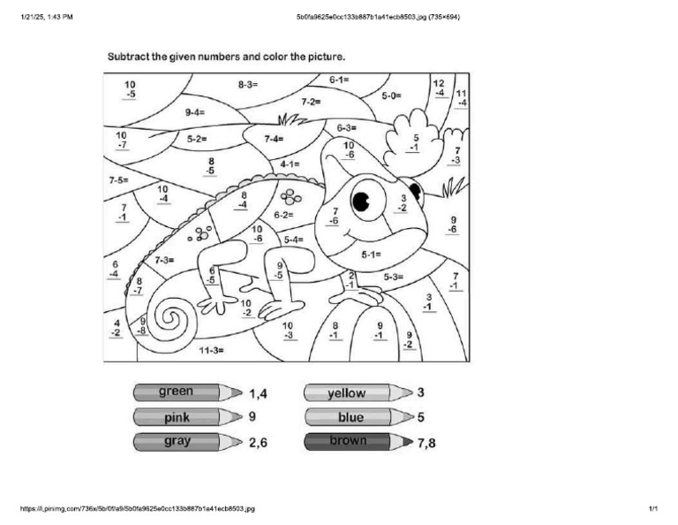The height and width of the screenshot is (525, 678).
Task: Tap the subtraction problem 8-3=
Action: [247, 85]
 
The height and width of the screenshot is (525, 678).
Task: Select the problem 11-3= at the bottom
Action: [210, 351]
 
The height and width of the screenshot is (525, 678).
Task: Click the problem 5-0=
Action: [391, 95]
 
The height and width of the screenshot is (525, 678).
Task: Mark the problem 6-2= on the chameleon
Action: [283, 215]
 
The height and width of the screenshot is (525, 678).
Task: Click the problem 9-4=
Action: [195, 112]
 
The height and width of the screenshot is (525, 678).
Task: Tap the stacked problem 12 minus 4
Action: [440, 87]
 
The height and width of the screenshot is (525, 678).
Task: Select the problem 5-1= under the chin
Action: [370, 255]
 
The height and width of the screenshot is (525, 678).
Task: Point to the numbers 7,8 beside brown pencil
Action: [426, 443]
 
